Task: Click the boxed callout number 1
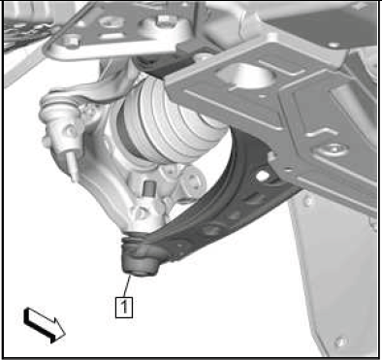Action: click(x=124, y=306)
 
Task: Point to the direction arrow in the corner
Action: click(x=45, y=325)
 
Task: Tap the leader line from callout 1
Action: click(x=127, y=285)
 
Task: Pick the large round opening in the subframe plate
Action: click(x=244, y=75)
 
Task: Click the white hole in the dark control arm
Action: click(x=263, y=175)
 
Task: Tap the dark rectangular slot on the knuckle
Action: click(x=149, y=188)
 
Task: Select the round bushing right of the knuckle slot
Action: click(x=194, y=181)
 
